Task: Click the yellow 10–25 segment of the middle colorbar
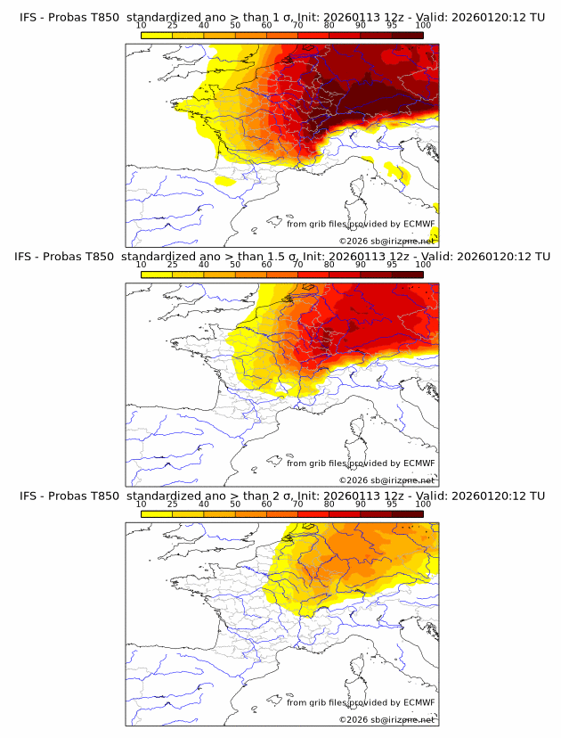pos(157,274)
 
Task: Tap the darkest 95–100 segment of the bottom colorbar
pos(407,512)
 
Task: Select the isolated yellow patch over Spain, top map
pos(224,181)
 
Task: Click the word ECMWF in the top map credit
pos(419,225)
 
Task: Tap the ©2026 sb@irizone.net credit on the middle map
pos(386,480)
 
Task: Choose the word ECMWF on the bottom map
pos(419,702)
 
